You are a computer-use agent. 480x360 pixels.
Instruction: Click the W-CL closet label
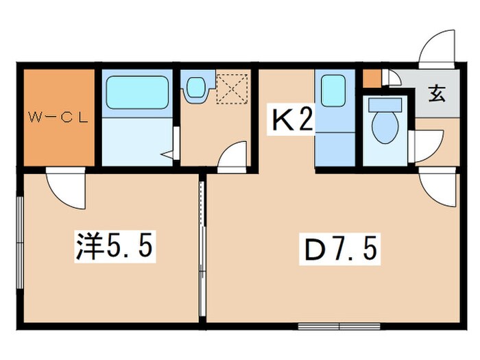click(58, 116)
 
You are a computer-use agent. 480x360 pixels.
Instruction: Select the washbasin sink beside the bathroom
click(195, 87)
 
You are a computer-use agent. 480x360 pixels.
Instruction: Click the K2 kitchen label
click(293, 121)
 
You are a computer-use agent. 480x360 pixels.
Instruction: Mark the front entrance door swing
click(435, 48)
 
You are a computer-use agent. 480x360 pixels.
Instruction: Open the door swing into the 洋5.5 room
click(65, 188)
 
